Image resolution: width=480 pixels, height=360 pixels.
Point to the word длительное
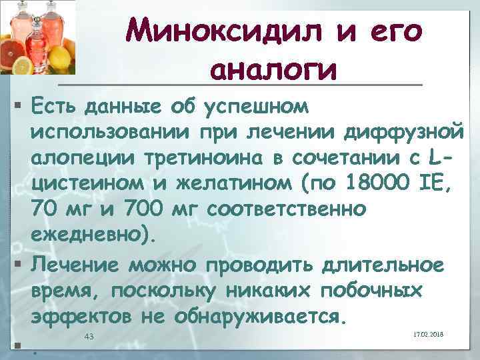(383, 265)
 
